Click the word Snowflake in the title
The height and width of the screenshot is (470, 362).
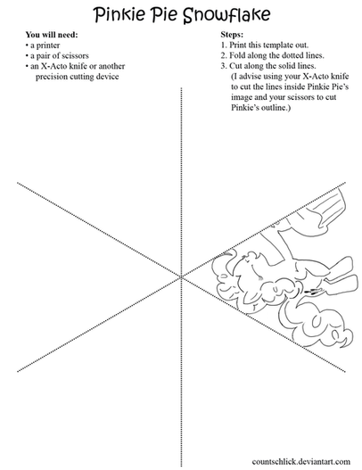[226, 14]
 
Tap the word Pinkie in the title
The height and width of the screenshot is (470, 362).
[119, 14]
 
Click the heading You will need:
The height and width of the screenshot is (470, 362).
[52, 35]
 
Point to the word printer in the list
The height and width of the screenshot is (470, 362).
[48, 45]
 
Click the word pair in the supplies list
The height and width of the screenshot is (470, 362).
[43, 56]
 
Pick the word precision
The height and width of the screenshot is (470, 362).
[52, 77]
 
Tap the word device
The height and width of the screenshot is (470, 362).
[107, 77]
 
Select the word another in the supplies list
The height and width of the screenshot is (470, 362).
[111, 66]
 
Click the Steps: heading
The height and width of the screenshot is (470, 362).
[232, 35]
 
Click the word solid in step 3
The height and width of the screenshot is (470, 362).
[281, 66]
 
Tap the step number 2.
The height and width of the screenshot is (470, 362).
[224, 55]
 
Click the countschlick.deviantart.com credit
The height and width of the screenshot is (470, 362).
[300, 461]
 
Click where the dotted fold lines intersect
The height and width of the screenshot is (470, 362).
[181, 277]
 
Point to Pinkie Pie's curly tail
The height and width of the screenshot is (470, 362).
[317, 326]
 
